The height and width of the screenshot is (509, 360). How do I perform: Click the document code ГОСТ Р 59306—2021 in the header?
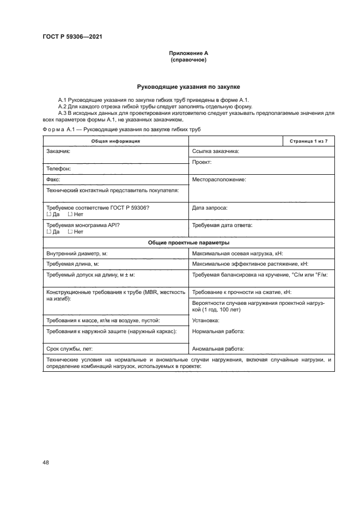point(72,36)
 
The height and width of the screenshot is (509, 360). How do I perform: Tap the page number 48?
point(46,462)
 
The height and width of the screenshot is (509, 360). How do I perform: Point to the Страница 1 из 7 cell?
point(308,141)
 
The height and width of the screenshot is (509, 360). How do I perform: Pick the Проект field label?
point(202,162)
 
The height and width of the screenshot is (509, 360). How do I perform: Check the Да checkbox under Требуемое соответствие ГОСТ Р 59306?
point(48,214)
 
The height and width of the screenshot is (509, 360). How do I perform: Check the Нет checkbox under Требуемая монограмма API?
point(70,231)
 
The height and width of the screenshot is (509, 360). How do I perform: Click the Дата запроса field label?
point(210,208)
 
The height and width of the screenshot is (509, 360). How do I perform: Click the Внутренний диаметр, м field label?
point(77,253)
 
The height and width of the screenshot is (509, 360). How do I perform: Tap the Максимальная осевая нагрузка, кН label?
point(237,253)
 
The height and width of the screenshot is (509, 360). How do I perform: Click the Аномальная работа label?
point(218,349)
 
